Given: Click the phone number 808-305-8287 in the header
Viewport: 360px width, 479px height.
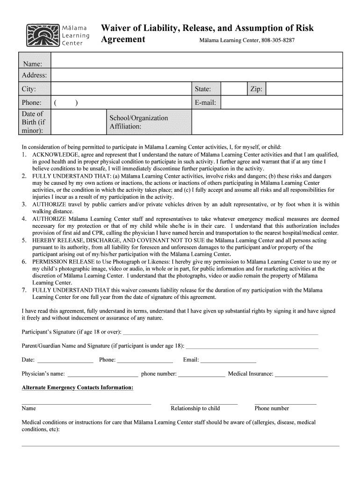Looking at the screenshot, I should pyautogui.click(x=278, y=41).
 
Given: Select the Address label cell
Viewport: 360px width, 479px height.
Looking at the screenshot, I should pyautogui.click(x=34, y=75).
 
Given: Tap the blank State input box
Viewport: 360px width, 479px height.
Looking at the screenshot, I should pyautogui.click(x=233, y=89).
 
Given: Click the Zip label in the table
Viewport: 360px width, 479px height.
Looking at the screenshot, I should pyautogui.click(x=256, y=89).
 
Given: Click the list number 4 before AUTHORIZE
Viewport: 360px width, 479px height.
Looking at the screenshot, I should pyautogui.click(x=24, y=219).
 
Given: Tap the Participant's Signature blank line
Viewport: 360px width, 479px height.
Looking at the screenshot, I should pyautogui.click(x=220, y=333).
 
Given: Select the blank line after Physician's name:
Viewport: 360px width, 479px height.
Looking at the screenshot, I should pyautogui.click(x=103, y=374).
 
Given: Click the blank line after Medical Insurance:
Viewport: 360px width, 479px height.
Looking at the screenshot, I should pyautogui.click(x=302, y=374).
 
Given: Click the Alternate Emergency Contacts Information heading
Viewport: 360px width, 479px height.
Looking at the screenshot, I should pyautogui.click(x=78, y=388).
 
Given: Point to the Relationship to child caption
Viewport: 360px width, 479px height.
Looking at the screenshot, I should pyautogui.click(x=195, y=408).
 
